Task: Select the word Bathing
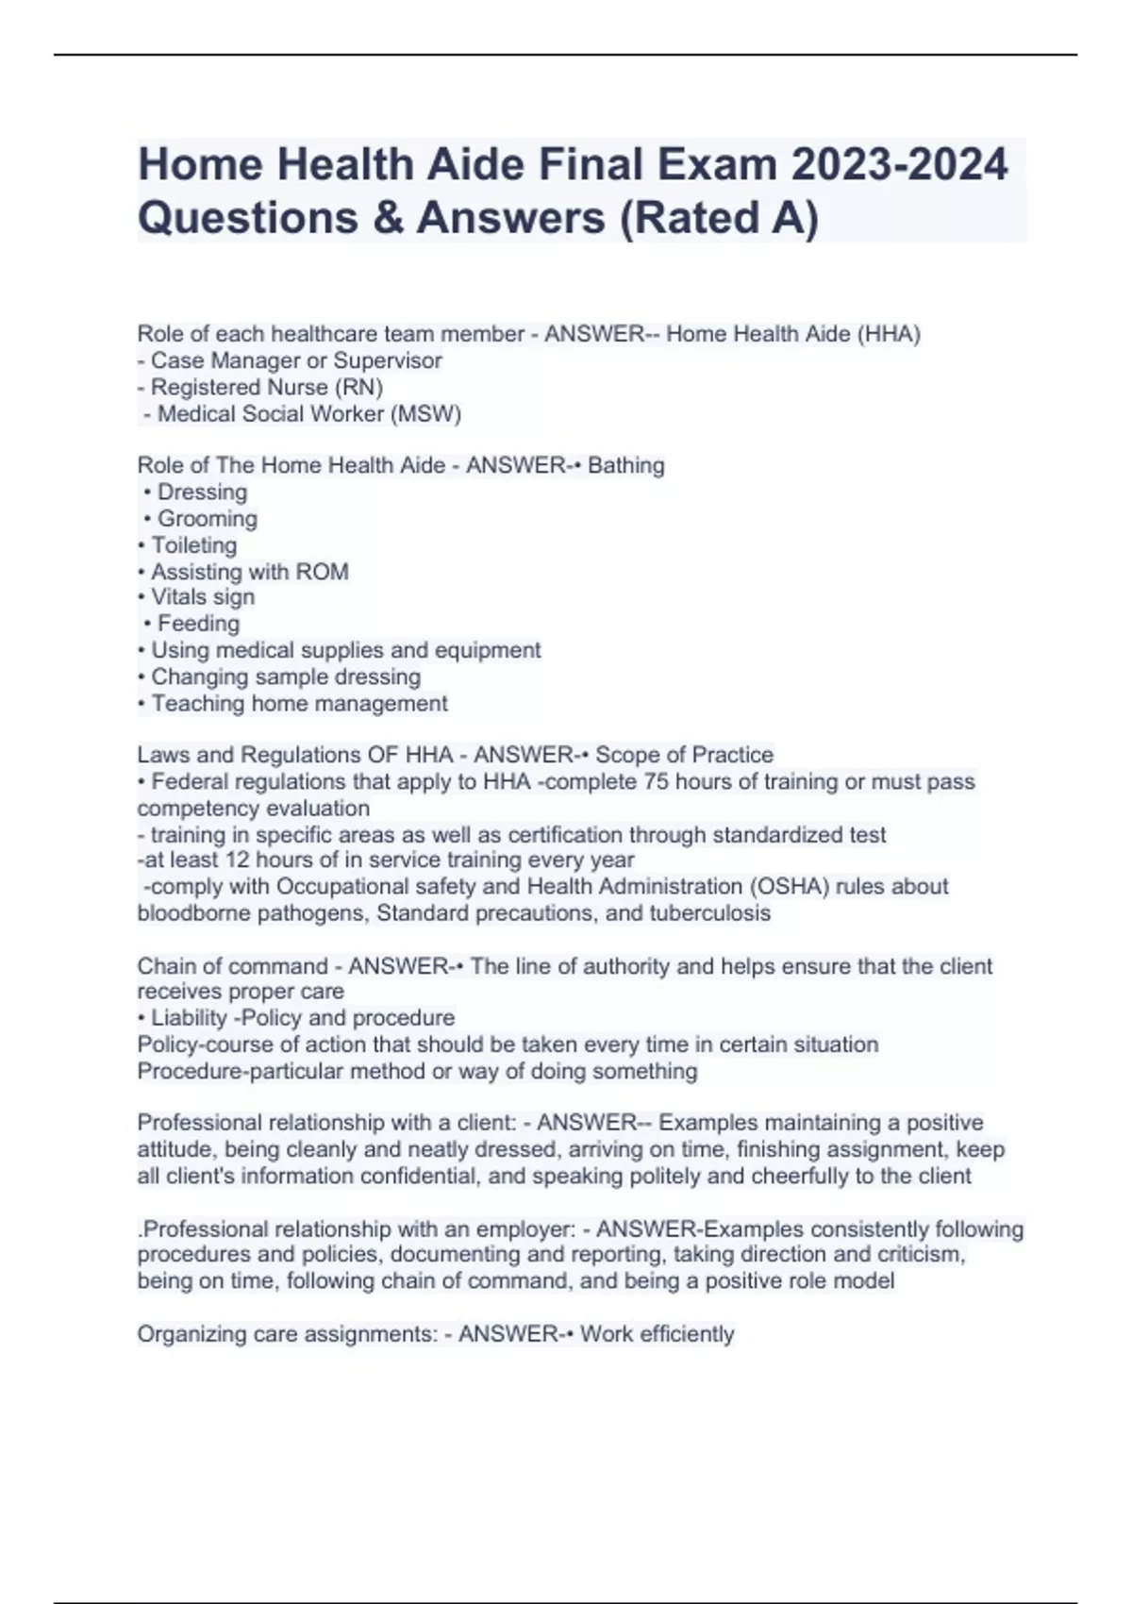(625, 465)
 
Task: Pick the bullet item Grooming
(207, 518)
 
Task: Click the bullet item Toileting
(193, 544)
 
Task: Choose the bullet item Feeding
(198, 624)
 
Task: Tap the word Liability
(189, 1018)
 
